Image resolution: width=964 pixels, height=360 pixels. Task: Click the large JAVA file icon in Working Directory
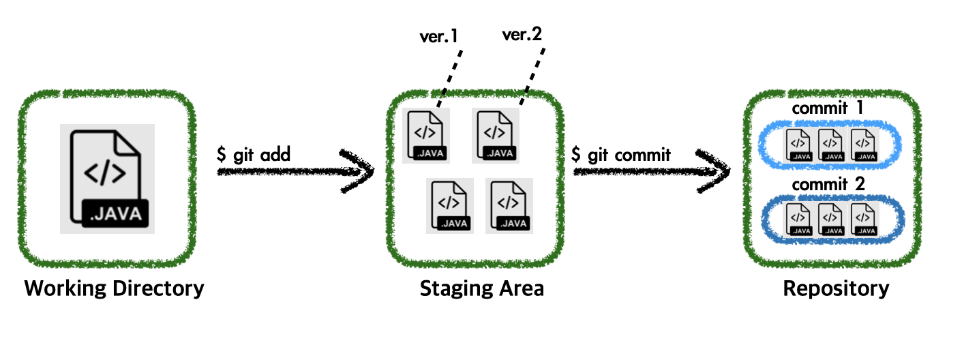coord(107,179)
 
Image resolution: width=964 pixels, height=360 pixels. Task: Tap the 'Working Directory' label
coord(114,288)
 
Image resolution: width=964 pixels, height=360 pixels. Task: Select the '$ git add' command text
coord(254,154)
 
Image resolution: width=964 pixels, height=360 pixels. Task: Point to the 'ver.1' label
coord(438,36)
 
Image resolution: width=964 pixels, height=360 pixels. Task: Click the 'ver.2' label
coord(522,34)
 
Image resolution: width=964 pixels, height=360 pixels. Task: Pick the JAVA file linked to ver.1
coord(426,136)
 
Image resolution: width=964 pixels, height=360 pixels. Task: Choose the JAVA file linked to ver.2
coord(496,136)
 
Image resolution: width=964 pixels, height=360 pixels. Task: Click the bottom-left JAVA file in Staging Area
coord(450,206)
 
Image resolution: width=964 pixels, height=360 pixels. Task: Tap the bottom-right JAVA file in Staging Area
coord(509,206)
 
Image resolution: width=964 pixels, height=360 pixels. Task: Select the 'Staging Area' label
coord(481,288)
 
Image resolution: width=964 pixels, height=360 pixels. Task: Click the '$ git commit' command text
coord(621,154)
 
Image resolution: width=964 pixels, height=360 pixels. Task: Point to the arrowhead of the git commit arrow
coord(714,171)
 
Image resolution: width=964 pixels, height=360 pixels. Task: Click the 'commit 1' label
coord(828,108)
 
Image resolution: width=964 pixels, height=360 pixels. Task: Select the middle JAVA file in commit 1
coord(830,145)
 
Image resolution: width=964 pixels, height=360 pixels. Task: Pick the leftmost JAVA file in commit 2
coord(798,220)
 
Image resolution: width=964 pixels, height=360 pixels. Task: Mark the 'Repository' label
coord(836,288)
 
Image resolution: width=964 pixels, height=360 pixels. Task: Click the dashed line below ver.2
coord(532,76)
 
